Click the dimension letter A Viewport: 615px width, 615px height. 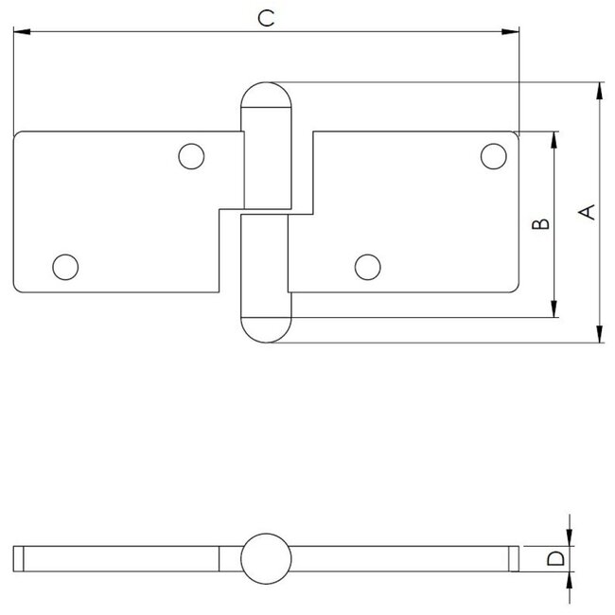tap(586, 212)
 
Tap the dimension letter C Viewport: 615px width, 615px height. tap(267, 19)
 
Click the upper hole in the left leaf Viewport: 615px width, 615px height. tap(192, 155)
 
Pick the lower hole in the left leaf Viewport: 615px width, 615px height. tap(65, 267)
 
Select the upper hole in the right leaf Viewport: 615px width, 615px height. tap(492, 155)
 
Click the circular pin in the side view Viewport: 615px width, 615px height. tap(265, 559)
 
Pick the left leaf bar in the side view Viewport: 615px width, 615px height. tap(123, 559)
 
